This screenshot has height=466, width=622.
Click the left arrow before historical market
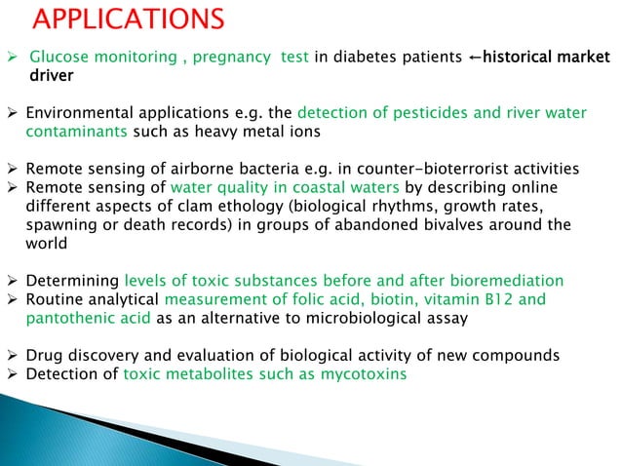point(476,58)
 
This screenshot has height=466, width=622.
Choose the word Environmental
point(79,113)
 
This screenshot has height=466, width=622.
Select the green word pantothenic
point(67,318)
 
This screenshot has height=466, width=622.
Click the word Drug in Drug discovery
point(43,356)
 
